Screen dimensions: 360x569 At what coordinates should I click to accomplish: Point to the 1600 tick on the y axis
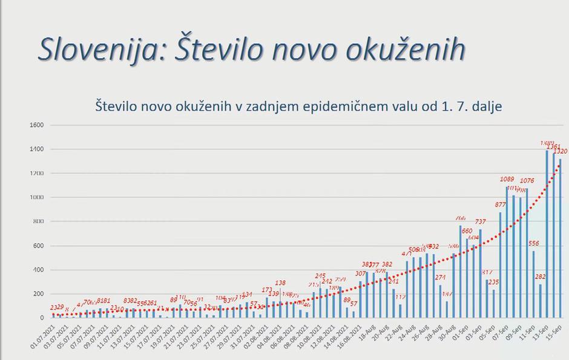pyautogui.click(x=36, y=125)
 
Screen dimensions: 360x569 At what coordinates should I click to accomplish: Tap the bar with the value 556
pyautogui.click(x=533, y=284)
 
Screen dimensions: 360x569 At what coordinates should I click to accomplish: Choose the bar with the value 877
pyautogui.click(x=501, y=264)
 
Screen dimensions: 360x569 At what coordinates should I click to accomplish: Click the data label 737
pyautogui.click(x=481, y=222)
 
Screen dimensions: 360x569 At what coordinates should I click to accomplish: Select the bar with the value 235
pyautogui.click(x=493, y=303)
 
